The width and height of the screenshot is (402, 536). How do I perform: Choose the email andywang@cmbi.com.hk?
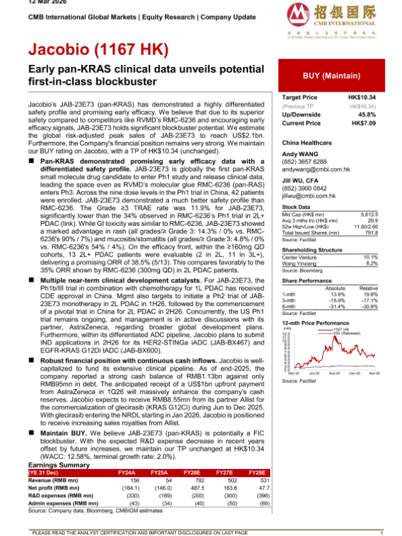tap(316, 170)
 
